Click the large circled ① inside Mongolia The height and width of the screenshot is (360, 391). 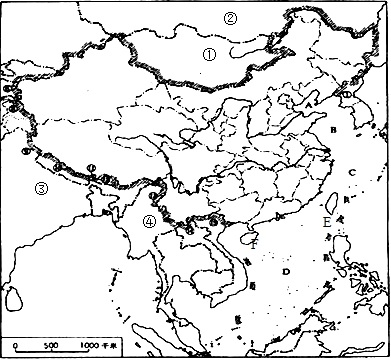pos(209,56)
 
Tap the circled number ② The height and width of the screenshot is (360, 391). pos(231,17)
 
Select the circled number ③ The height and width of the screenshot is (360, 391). pos(13,188)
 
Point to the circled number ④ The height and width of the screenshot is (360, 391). pos(148,222)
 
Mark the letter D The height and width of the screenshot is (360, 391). pos(287,271)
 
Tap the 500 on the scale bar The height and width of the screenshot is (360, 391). pos(50,344)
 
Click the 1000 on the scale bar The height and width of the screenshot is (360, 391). pos(90,344)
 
